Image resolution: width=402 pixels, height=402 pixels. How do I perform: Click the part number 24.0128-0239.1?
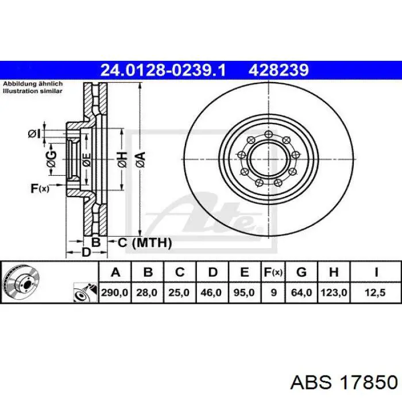(163, 70)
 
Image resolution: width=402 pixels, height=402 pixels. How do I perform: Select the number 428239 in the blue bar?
(279, 70)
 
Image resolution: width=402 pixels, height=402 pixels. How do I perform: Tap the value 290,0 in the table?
(115, 292)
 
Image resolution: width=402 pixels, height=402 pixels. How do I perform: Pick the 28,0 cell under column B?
(147, 292)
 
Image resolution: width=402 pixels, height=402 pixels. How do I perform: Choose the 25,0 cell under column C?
(179, 292)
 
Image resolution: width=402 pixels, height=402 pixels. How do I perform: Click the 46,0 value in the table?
(211, 292)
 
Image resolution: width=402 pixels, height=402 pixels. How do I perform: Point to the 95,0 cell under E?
(243, 292)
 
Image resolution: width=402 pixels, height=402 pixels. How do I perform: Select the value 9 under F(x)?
(274, 292)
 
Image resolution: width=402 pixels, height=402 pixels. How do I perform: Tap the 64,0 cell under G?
(301, 292)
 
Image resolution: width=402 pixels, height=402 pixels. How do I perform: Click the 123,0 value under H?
(334, 292)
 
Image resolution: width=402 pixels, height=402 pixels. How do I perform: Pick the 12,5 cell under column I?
(376, 292)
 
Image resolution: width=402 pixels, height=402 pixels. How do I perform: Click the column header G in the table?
(301, 272)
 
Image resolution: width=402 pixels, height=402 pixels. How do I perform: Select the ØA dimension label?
(141, 160)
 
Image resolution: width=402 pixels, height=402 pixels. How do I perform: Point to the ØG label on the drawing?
(52, 159)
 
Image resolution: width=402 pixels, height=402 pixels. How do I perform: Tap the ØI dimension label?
(34, 134)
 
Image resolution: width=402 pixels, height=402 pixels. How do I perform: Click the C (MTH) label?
(145, 242)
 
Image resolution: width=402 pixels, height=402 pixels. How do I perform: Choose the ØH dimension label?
(122, 160)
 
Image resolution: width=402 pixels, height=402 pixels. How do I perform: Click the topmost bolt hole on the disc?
(268, 134)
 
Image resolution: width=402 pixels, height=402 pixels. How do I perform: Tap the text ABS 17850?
(343, 383)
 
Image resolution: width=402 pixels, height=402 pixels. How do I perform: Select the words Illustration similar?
(33, 91)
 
